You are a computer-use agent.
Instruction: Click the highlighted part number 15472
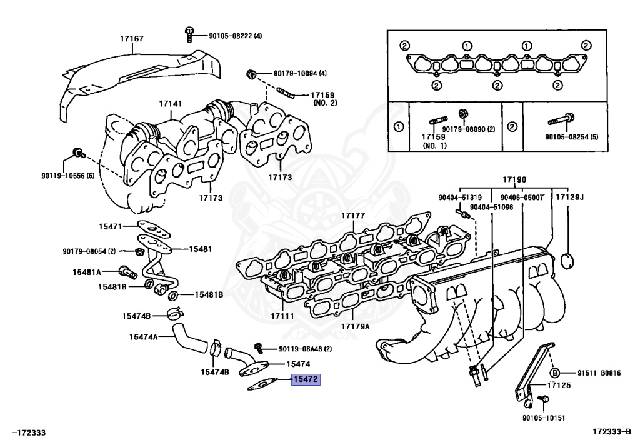pyautogui.click(x=306, y=379)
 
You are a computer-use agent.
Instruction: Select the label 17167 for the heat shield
pyautogui.click(x=132, y=39)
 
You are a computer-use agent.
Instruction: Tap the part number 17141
pyautogui.click(x=169, y=104)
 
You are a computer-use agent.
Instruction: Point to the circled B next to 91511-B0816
pyautogui.click(x=555, y=373)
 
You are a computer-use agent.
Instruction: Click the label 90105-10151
pyautogui.click(x=544, y=418)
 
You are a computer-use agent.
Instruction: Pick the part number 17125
pyautogui.click(x=559, y=385)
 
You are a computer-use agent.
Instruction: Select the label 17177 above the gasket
pyautogui.click(x=352, y=216)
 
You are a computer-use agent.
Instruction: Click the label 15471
pyautogui.click(x=111, y=226)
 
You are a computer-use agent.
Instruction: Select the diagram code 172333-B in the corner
pyautogui.click(x=612, y=431)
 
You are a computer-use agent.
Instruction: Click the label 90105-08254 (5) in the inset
pyautogui.click(x=571, y=136)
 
